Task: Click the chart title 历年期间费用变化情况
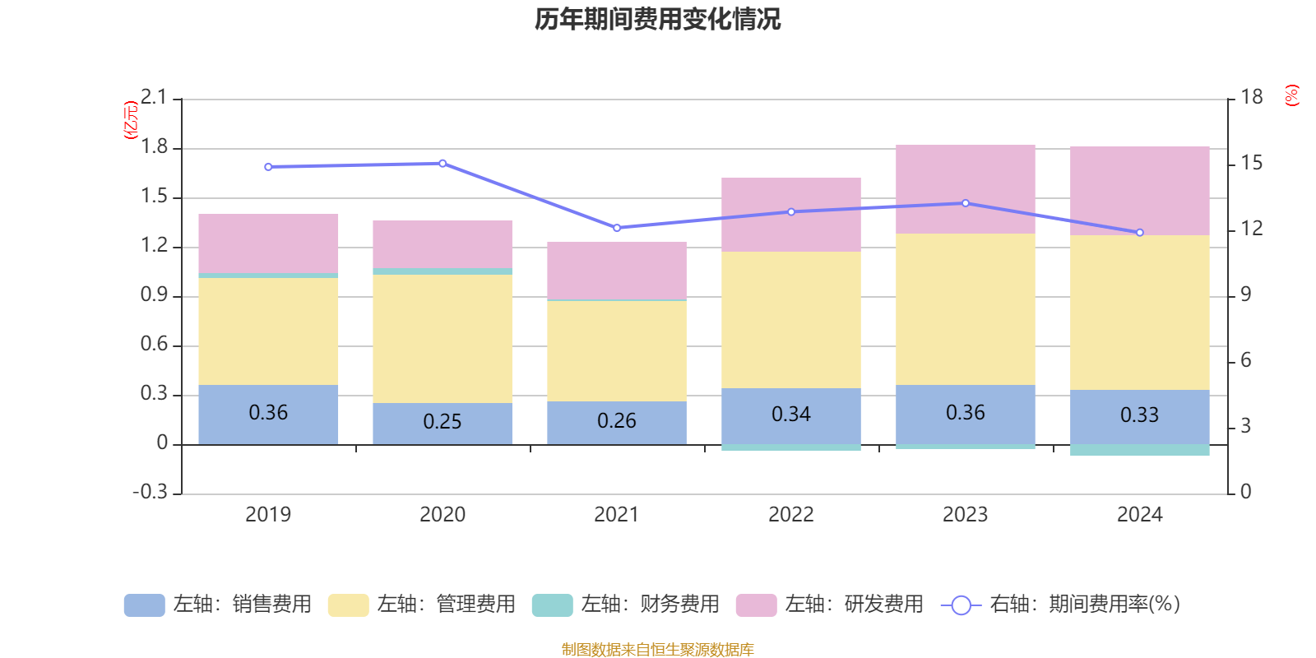657,19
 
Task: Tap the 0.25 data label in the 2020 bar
443,422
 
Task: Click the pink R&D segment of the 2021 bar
617,270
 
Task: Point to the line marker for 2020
443,163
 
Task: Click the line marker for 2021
617,228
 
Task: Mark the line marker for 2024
1140,233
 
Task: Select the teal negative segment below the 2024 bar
1140,450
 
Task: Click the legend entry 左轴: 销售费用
218,605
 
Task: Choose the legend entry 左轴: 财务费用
626,605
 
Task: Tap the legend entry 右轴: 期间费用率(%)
1061,605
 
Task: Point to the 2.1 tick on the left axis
153,98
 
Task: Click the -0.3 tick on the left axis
150,492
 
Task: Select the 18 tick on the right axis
1252,97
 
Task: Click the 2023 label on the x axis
965,515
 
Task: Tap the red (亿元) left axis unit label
130,120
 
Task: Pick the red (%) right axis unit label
1292,95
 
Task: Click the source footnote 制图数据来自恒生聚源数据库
657,650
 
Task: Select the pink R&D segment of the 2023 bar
966,189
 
